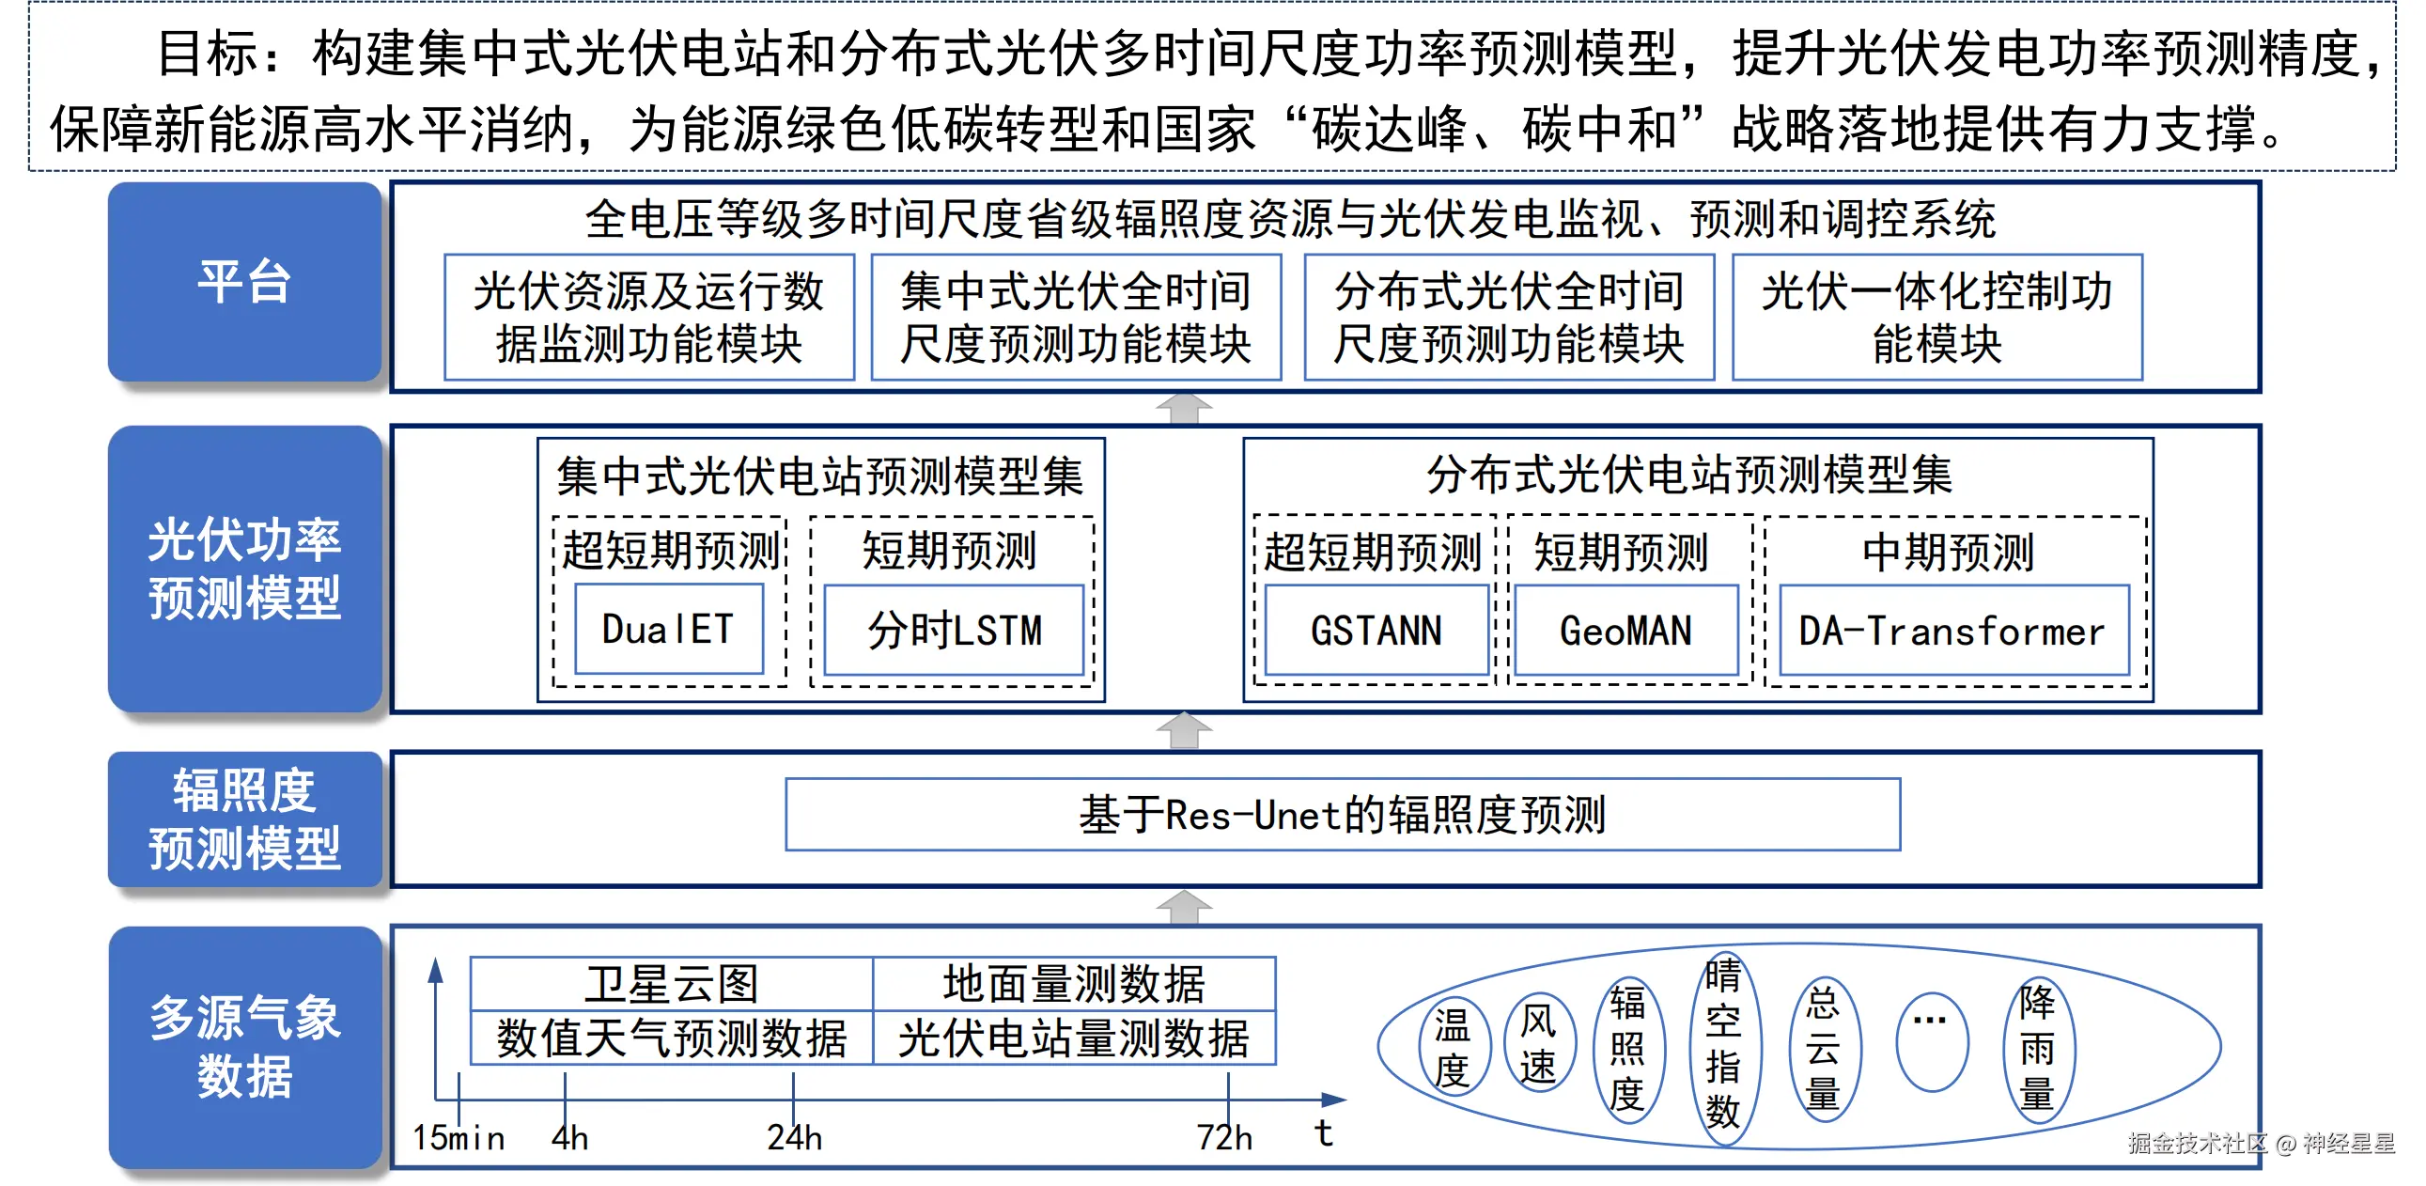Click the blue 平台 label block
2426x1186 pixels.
(x=245, y=282)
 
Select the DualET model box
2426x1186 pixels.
(x=669, y=630)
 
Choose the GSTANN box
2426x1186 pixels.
(x=1376, y=631)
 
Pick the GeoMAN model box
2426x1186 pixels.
(x=1625, y=631)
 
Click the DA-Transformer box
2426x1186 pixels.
(x=1953, y=631)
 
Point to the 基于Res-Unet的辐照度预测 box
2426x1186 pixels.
(x=1342, y=815)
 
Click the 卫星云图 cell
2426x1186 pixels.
(x=672, y=983)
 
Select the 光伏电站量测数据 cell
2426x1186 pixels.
(x=1074, y=1038)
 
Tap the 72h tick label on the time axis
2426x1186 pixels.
(x=1224, y=1138)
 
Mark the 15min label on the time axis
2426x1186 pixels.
(x=459, y=1138)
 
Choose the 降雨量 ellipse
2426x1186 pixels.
(x=2037, y=1048)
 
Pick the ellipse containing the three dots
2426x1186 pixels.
(x=1931, y=1041)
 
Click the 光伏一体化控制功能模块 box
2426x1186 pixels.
(x=1936, y=318)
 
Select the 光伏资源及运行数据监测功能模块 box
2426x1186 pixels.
(x=649, y=318)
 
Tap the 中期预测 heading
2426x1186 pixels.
(x=1949, y=552)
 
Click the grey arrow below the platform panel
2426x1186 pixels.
(x=1184, y=409)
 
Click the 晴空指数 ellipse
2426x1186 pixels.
(x=1722, y=1043)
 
